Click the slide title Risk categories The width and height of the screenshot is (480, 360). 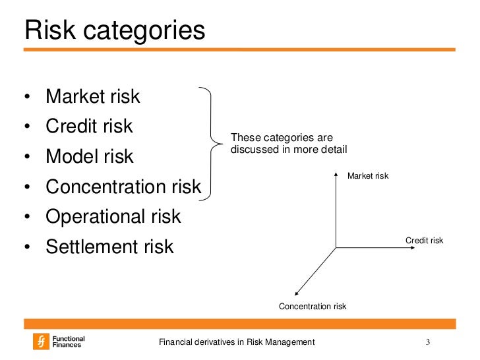click(x=115, y=30)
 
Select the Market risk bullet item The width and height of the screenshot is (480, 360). click(x=92, y=96)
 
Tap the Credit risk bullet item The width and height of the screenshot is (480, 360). click(x=89, y=126)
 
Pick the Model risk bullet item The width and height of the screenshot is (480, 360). click(x=89, y=156)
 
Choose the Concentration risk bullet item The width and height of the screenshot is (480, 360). click(x=123, y=187)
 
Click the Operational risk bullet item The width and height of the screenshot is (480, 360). click(x=113, y=216)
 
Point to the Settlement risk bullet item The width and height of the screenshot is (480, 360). click(x=109, y=247)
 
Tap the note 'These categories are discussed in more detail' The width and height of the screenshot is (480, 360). click(x=288, y=144)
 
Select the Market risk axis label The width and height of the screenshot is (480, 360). click(x=368, y=176)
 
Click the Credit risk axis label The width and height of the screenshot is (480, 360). click(x=424, y=241)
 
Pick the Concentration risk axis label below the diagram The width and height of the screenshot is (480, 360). click(x=313, y=306)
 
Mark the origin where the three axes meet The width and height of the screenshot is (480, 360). click(x=336, y=248)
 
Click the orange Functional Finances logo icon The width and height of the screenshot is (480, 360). click(x=42, y=341)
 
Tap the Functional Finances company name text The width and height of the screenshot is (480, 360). click(x=68, y=342)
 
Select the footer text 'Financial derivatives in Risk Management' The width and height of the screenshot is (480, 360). click(x=238, y=342)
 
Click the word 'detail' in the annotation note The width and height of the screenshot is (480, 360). click(x=334, y=150)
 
